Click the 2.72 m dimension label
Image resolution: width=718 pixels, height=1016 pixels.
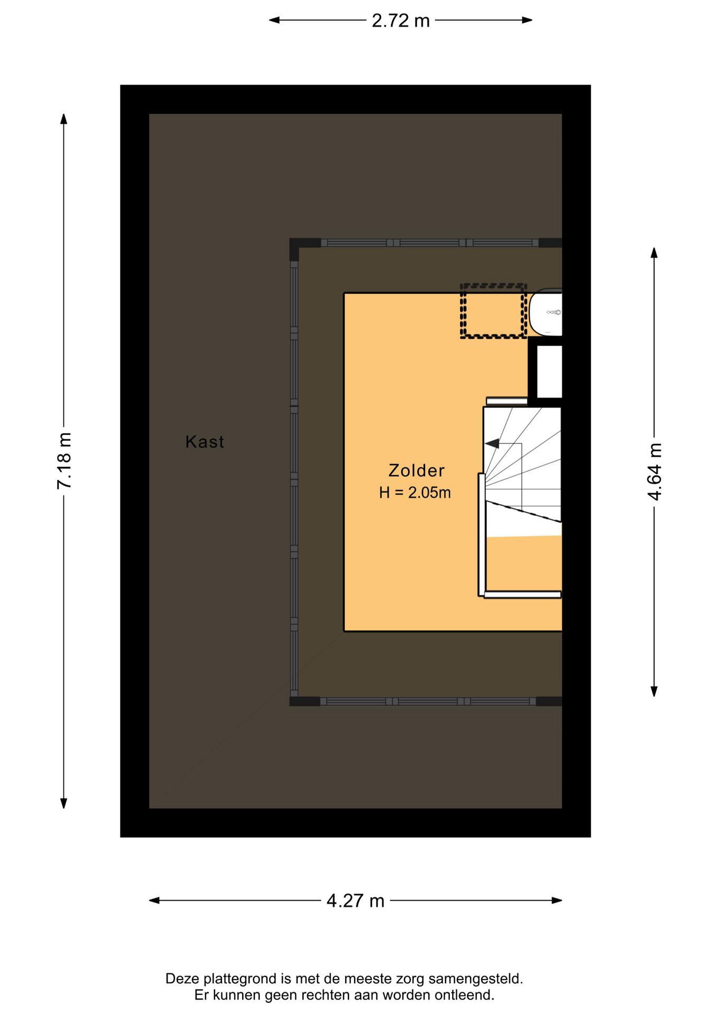point(400,21)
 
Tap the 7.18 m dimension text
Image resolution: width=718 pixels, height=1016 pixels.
point(64,460)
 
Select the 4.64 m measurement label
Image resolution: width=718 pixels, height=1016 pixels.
point(655,471)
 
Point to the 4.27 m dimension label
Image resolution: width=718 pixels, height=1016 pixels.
point(355,900)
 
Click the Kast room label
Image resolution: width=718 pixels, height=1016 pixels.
point(205,442)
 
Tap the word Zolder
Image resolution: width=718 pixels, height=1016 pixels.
point(416,470)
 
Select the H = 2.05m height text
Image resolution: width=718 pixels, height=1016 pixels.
point(415,493)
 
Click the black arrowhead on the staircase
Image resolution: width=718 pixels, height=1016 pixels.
point(492,443)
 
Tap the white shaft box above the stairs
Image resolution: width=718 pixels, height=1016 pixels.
point(549,371)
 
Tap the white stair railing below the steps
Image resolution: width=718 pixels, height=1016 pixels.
point(522,595)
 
